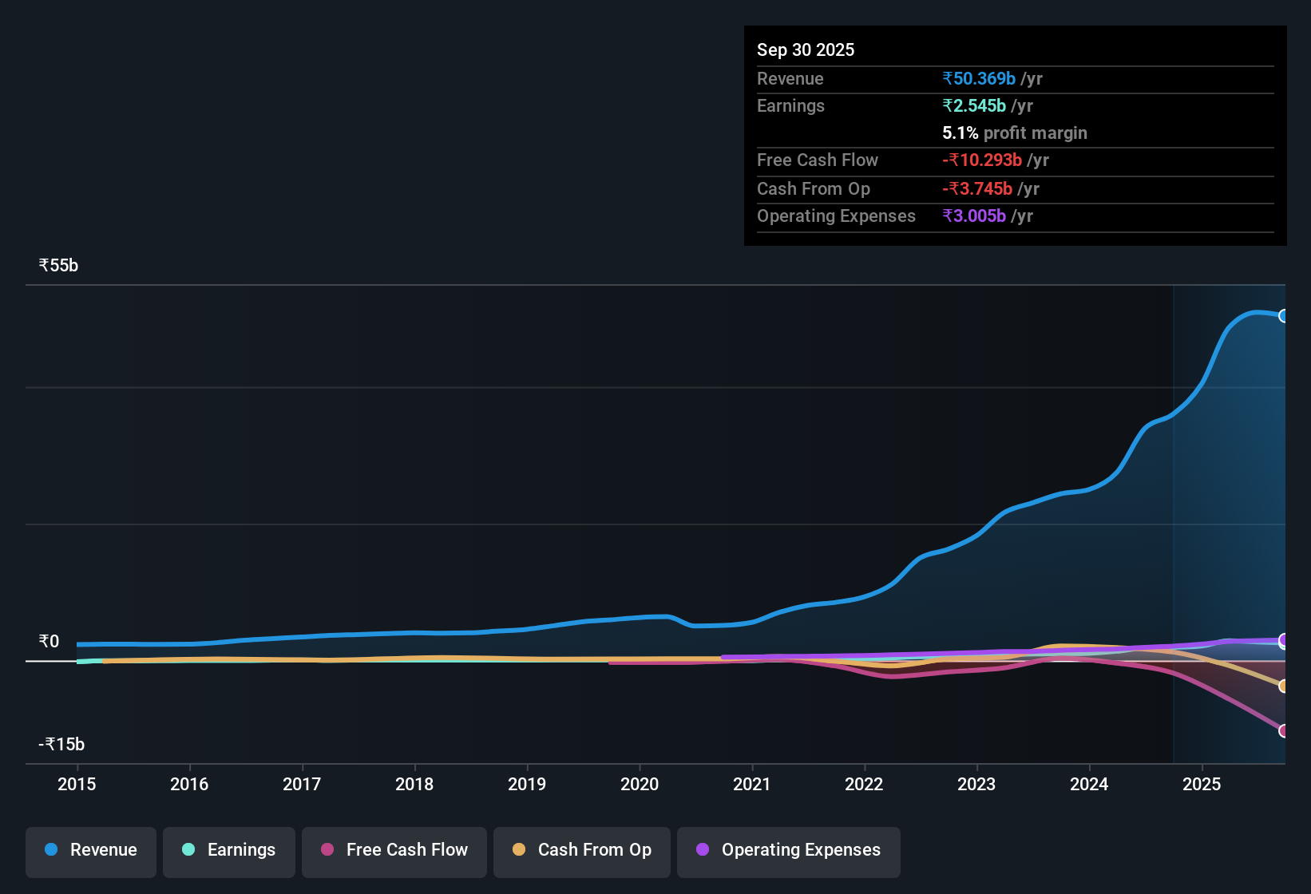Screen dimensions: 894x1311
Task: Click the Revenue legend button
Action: tap(91, 850)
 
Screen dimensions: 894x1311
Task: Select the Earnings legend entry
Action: tap(229, 850)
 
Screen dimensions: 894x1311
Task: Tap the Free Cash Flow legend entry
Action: tap(394, 850)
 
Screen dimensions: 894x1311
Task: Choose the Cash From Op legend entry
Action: tap(582, 850)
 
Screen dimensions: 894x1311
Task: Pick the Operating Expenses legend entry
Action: tap(789, 850)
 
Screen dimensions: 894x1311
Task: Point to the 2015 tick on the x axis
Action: tap(77, 784)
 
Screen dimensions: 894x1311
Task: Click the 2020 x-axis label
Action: tap(640, 784)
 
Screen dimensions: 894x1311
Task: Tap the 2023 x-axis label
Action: tap(976, 784)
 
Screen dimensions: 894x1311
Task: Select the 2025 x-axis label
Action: tap(1202, 784)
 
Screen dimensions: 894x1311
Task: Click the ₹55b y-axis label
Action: tap(58, 266)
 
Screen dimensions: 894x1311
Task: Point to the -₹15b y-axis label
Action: tap(61, 745)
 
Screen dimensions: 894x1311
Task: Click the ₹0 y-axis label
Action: tap(49, 642)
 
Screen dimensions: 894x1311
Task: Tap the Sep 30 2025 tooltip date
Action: tap(806, 49)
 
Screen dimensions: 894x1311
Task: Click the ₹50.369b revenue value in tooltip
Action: tap(979, 78)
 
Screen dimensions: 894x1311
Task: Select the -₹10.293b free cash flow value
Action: tap(982, 160)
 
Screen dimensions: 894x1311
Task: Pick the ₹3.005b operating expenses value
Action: tap(974, 216)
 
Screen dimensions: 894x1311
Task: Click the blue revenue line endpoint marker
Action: tap(1283, 316)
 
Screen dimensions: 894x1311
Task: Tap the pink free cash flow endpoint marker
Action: tap(1283, 730)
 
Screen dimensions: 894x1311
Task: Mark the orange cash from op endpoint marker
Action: tap(1283, 686)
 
